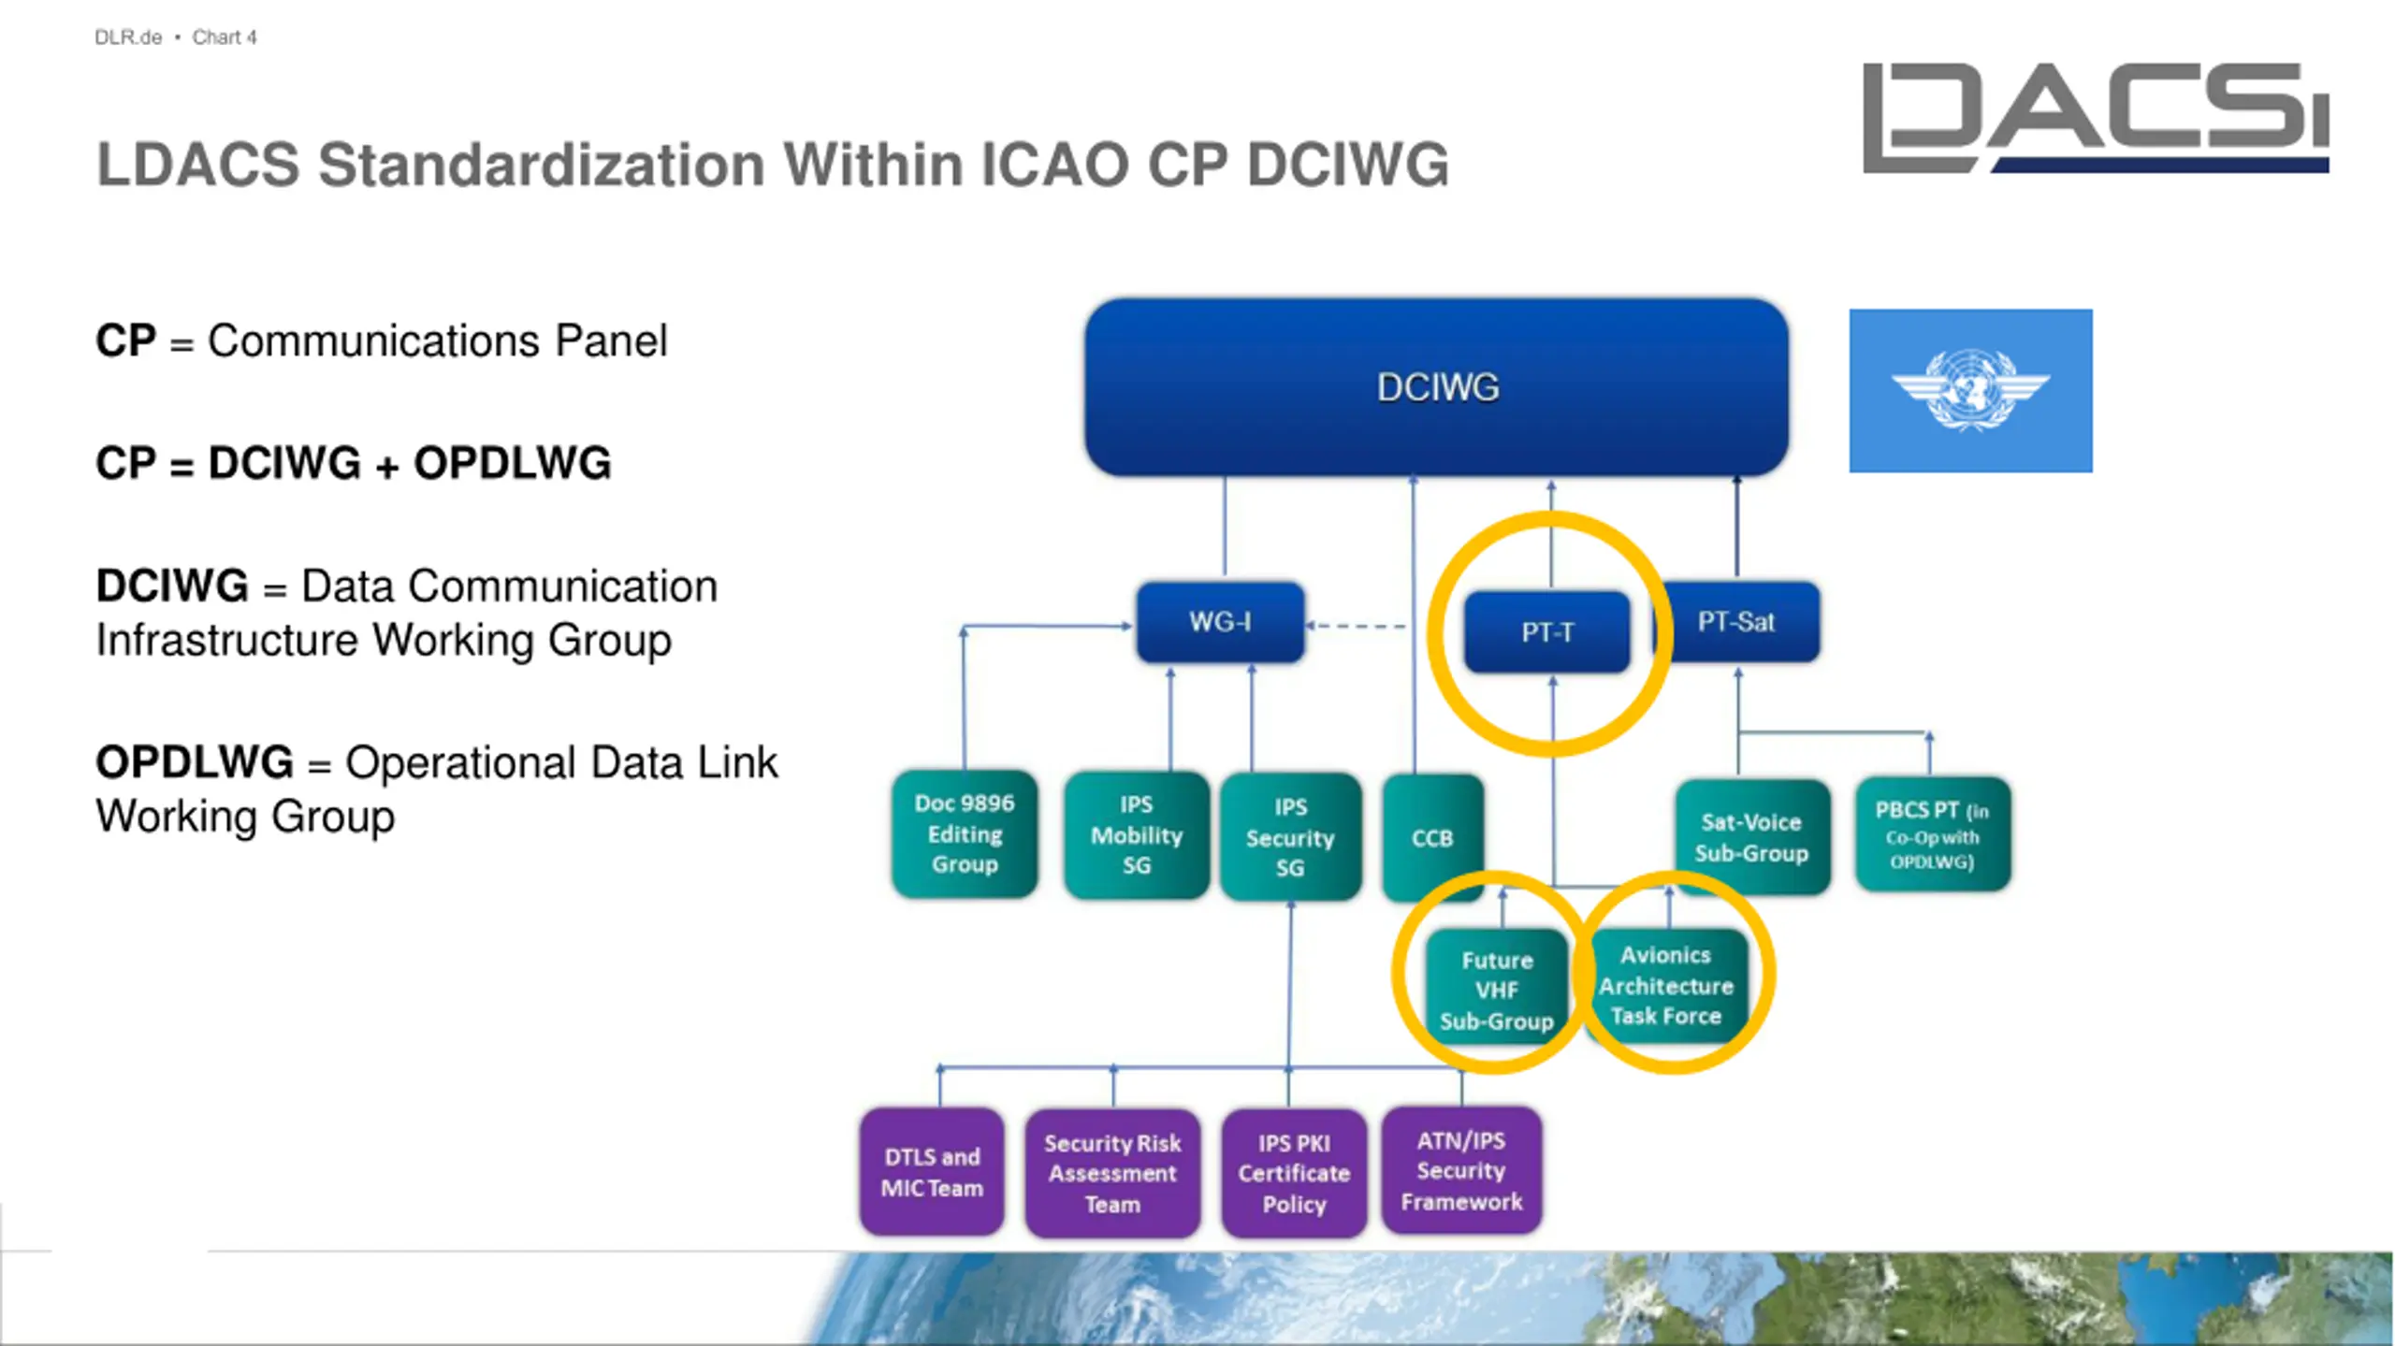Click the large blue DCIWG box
click(1436, 387)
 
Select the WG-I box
click(1220, 622)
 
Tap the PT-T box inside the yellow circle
click(1547, 632)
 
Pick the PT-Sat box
click(1737, 622)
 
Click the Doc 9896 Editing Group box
click(965, 833)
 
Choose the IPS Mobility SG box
click(1137, 834)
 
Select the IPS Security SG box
click(1291, 836)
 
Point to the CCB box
click(1433, 837)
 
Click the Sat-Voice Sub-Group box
click(1752, 837)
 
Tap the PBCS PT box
click(1933, 834)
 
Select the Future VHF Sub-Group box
click(1497, 990)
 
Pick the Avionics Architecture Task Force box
click(1666, 985)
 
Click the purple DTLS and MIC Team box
click(932, 1172)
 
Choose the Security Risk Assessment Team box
click(1112, 1173)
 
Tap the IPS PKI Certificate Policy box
click(1294, 1173)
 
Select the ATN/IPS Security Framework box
click(1461, 1170)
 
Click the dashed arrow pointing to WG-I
click(1356, 626)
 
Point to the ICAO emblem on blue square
click(1971, 390)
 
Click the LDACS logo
click(2096, 118)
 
